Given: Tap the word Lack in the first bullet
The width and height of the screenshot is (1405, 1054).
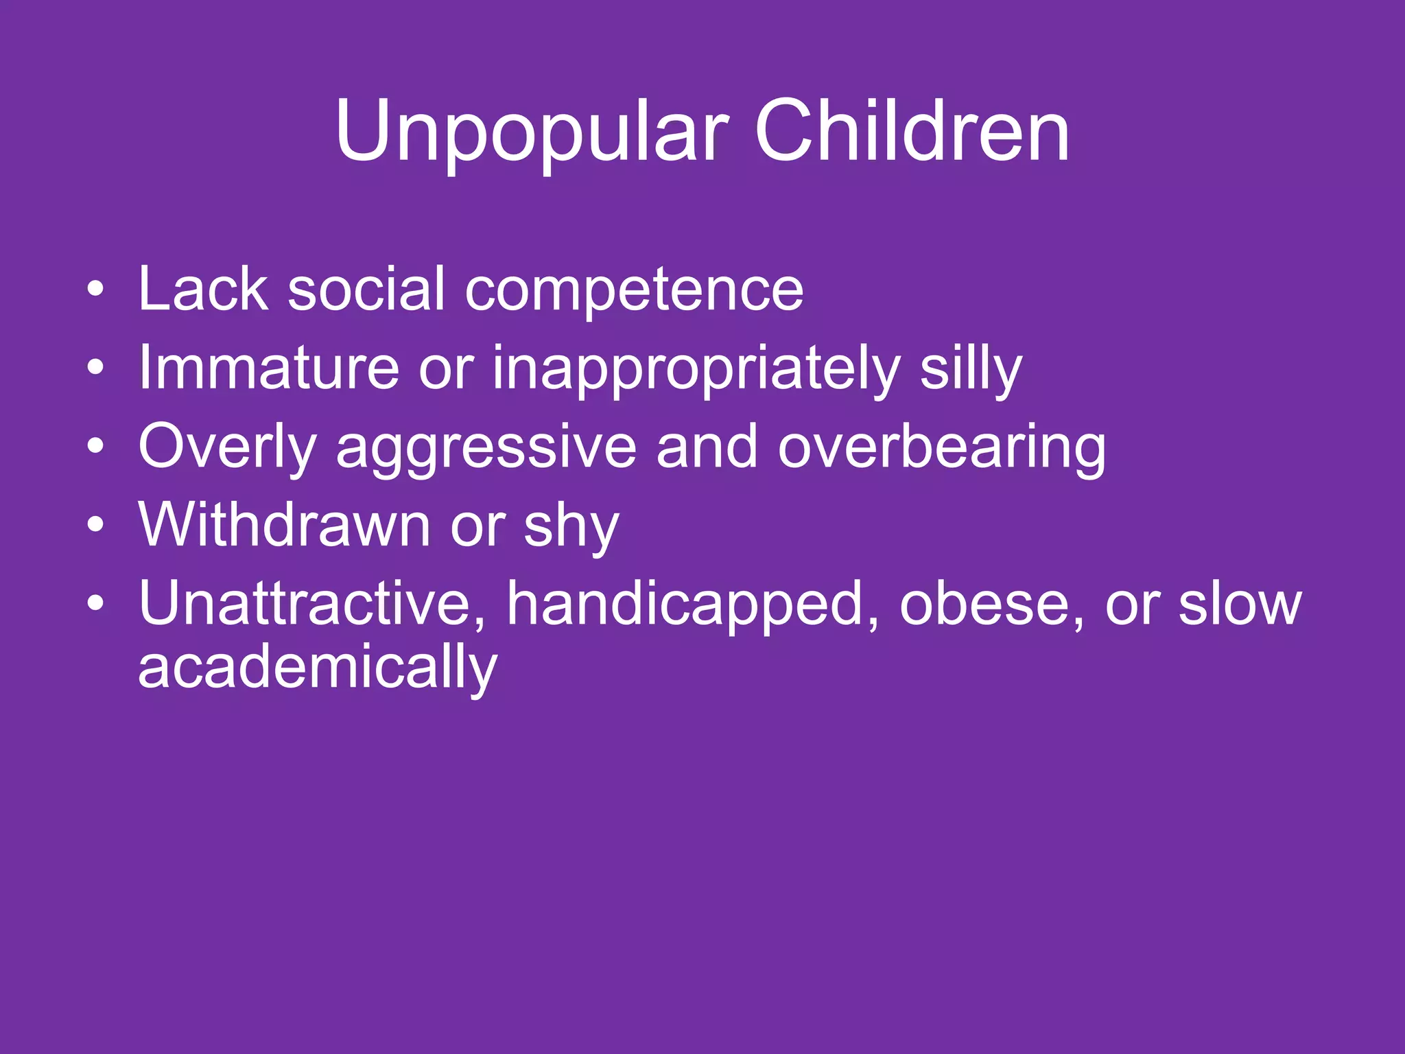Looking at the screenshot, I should [203, 289].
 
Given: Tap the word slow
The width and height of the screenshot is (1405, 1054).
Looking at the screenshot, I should [1240, 604].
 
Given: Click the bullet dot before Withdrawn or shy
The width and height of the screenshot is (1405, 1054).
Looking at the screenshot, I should [95, 525].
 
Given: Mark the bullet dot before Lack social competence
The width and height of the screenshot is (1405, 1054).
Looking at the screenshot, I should [95, 289].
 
